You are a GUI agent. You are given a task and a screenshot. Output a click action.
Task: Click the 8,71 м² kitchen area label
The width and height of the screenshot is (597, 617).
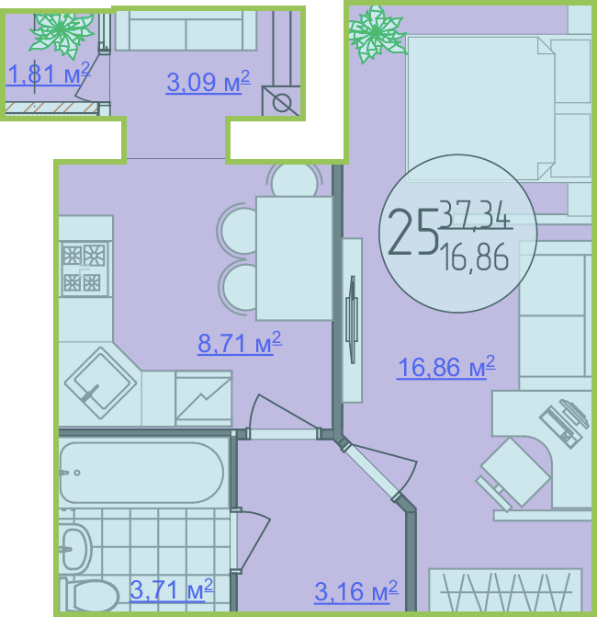(x=240, y=343)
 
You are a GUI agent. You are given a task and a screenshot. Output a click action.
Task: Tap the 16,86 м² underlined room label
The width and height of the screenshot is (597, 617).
(x=446, y=367)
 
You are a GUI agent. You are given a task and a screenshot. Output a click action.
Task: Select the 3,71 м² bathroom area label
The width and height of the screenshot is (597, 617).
(x=172, y=589)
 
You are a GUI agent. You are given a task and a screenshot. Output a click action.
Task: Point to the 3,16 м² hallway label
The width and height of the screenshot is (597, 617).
(x=356, y=591)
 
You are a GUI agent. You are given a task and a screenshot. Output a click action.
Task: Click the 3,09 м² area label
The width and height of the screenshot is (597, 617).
(x=208, y=82)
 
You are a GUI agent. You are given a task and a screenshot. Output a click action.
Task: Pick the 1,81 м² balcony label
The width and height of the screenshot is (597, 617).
(x=49, y=74)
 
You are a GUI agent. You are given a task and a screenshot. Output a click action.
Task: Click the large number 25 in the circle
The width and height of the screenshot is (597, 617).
(x=412, y=232)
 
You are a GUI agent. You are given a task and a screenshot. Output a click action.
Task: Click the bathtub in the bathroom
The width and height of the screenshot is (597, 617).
(x=141, y=473)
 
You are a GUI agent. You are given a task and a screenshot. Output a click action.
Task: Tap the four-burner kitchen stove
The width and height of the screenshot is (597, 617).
(x=83, y=269)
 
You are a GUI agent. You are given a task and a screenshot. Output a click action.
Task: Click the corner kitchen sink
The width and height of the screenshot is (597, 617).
(x=101, y=383)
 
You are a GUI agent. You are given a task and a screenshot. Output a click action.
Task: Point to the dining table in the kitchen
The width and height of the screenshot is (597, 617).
(x=295, y=258)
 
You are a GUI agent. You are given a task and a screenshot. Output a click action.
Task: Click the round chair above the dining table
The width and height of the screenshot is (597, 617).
(x=295, y=180)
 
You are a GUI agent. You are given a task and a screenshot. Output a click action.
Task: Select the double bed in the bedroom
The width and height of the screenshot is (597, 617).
(x=499, y=109)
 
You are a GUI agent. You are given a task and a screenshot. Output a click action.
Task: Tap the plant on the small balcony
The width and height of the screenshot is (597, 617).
(x=61, y=33)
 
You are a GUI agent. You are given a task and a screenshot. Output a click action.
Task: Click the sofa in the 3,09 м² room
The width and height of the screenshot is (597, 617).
(x=186, y=30)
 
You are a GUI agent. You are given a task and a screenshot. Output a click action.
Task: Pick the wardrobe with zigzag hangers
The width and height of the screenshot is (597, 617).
(x=505, y=589)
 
